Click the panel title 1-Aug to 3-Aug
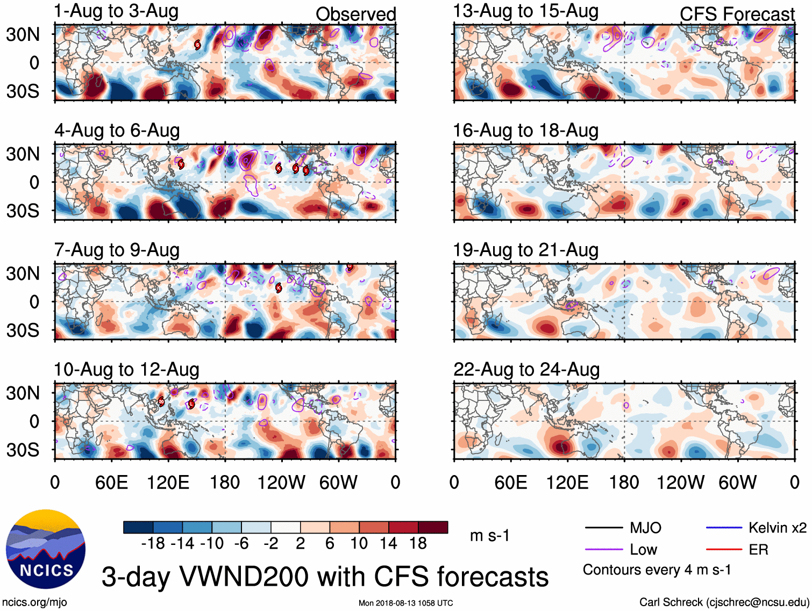click(116, 11)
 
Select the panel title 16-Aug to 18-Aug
click(525, 131)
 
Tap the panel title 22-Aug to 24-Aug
click(526, 370)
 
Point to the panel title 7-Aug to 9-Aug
click(117, 250)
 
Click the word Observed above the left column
click(355, 15)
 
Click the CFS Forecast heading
click(737, 15)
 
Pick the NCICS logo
click(46, 549)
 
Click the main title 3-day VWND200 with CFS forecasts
click(325, 577)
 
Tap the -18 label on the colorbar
click(153, 544)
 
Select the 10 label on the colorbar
click(359, 544)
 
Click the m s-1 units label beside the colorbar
click(489, 536)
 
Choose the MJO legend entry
click(645, 528)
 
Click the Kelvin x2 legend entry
click(777, 528)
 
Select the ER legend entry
click(758, 550)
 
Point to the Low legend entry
click(643, 550)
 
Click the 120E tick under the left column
click(168, 483)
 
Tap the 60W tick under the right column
click(737, 483)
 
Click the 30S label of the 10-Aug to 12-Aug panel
click(23, 450)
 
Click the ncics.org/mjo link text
click(34, 602)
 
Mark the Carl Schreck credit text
click(724, 602)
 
